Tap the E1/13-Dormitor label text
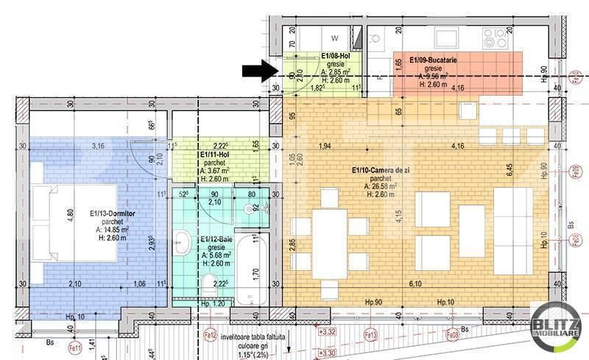[110, 213]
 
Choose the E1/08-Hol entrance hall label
[335, 55]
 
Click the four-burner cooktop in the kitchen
[493, 37]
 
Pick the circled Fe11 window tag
[74, 348]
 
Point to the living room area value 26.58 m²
[381, 186]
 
